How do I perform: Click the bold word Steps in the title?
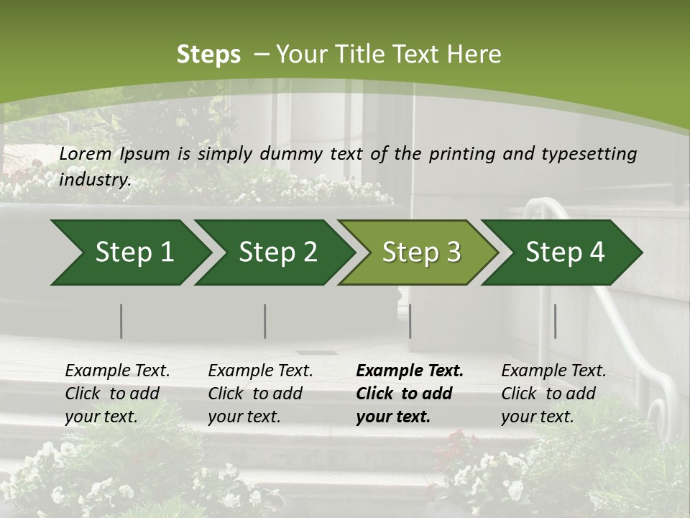208,55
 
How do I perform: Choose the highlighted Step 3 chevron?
417,253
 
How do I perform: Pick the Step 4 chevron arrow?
561,253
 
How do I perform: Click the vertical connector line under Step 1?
121,321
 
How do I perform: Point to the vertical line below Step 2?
265,321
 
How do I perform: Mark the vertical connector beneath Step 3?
410,321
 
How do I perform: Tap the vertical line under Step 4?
555,321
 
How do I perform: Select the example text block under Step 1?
117,394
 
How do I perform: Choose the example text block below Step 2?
260,394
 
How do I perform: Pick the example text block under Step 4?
553,394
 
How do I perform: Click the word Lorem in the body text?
86,154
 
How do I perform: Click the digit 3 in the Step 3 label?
453,253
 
